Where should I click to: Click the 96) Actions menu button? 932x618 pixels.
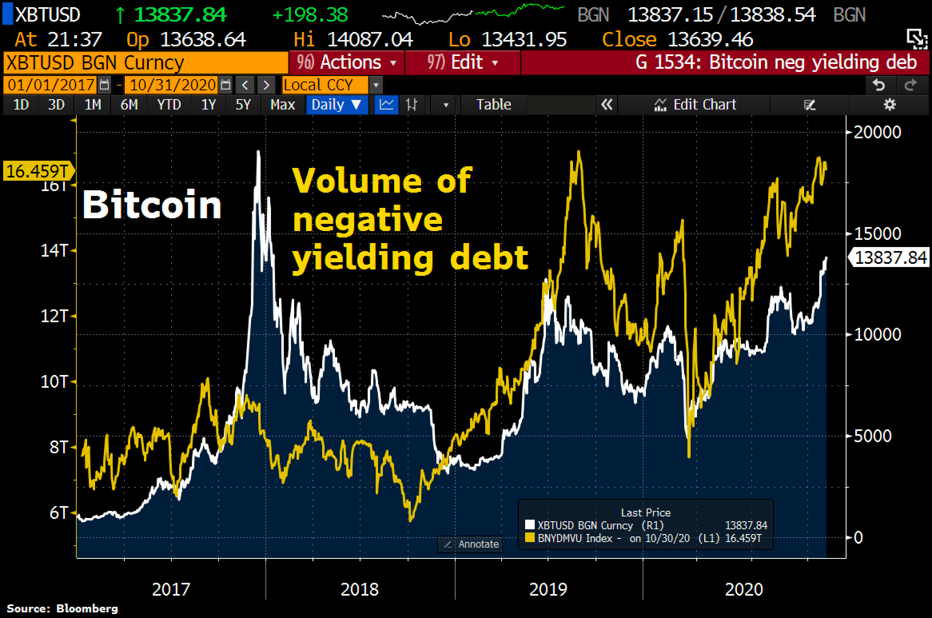[x=346, y=63]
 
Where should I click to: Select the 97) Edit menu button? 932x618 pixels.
[x=462, y=63]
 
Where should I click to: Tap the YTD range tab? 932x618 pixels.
[x=169, y=105]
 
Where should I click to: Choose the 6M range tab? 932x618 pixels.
[x=129, y=105]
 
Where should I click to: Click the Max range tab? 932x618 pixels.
[x=283, y=105]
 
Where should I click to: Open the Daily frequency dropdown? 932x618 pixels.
[x=336, y=105]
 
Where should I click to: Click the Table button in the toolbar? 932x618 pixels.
[x=494, y=105]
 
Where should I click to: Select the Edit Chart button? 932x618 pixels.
[x=695, y=105]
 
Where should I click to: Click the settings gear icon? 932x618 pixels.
[x=889, y=105]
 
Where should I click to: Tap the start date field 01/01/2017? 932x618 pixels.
[x=51, y=85]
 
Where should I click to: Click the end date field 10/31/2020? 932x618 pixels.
[x=173, y=85]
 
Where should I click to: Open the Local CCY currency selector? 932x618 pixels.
[x=325, y=85]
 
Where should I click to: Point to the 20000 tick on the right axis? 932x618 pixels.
[x=877, y=132]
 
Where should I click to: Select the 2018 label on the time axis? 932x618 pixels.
[x=359, y=589]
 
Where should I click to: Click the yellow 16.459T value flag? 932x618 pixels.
[x=38, y=171]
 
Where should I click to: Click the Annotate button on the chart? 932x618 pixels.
[x=470, y=544]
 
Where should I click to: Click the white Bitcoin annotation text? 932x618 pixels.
[x=152, y=205]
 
